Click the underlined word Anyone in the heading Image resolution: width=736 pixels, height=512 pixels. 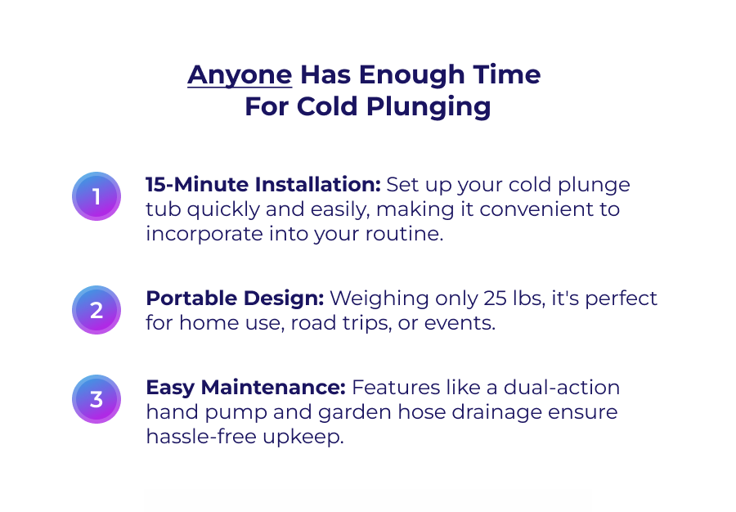click(240, 75)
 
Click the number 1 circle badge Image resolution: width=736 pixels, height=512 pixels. click(96, 196)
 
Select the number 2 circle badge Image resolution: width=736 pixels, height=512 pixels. click(96, 310)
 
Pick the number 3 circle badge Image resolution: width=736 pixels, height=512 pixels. click(96, 399)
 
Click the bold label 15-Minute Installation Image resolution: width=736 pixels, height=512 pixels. click(263, 184)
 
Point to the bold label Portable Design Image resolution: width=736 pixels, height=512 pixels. click(235, 298)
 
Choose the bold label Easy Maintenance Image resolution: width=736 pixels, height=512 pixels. click(246, 387)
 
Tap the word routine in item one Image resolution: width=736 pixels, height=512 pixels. click(406, 233)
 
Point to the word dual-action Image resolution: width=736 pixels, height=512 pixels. click(562, 387)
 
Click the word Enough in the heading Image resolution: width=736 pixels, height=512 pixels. click(413, 75)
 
